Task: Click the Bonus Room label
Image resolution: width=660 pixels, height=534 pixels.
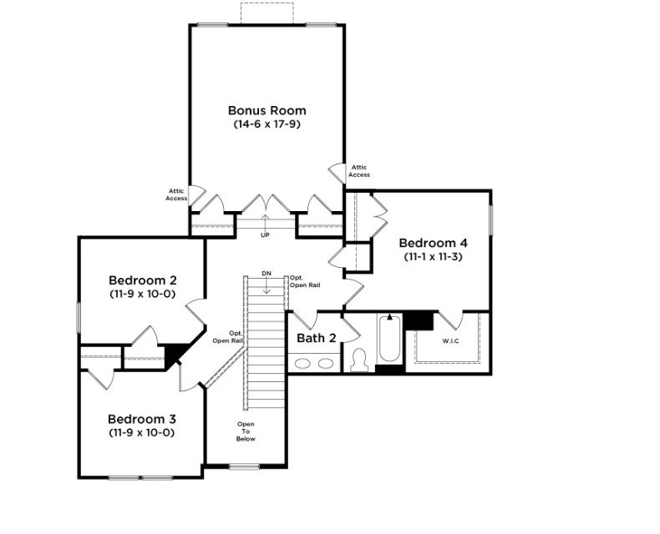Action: click(x=267, y=111)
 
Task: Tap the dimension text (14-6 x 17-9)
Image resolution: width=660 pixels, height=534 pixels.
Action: click(x=267, y=124)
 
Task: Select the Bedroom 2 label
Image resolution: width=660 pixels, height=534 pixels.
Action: click(x=142, y=280)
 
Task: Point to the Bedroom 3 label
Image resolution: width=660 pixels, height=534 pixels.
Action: click(x=142, y=419)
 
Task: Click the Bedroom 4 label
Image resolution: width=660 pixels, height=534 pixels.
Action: click(x=433, y=243)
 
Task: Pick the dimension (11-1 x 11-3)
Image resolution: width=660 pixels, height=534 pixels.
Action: click(x=433, y=256)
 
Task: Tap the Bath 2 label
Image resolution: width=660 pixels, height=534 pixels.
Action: click(x=317, y=338)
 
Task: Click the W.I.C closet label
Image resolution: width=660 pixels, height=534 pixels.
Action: click(x=450, y=341)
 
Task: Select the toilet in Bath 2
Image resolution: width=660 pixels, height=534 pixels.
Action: click(x=359, y=360)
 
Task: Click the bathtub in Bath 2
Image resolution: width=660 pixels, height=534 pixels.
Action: click(x=389, y=339)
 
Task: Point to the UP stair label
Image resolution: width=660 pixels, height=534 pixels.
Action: click(x=265, y=235)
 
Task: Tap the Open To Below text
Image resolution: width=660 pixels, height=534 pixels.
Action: click(x=246, y=431)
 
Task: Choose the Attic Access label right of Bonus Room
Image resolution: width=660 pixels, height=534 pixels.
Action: click(x=359, y=171)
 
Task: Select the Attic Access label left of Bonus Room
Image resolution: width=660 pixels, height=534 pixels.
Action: click(x=176, y=194)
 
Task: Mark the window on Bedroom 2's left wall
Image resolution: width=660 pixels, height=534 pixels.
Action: click(x=79, y=317)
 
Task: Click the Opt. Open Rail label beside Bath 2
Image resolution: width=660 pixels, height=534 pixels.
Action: click(x=305, y=281)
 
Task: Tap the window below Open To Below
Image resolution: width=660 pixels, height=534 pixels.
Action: click(x=244, y=466)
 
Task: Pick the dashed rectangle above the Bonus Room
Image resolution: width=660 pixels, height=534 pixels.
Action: click(x=267, y=13)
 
